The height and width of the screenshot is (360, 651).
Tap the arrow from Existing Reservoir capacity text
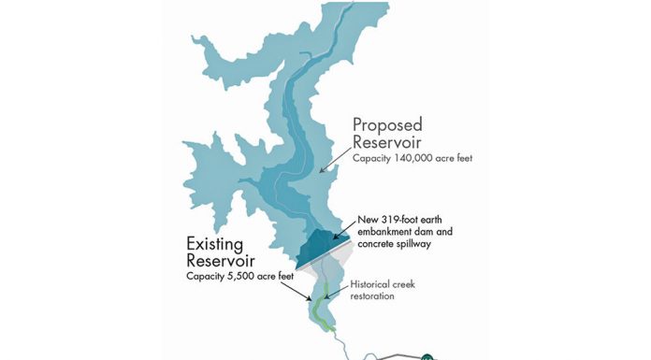tap(302, 290)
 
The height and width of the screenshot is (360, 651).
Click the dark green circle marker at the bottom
tap(427, 356)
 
